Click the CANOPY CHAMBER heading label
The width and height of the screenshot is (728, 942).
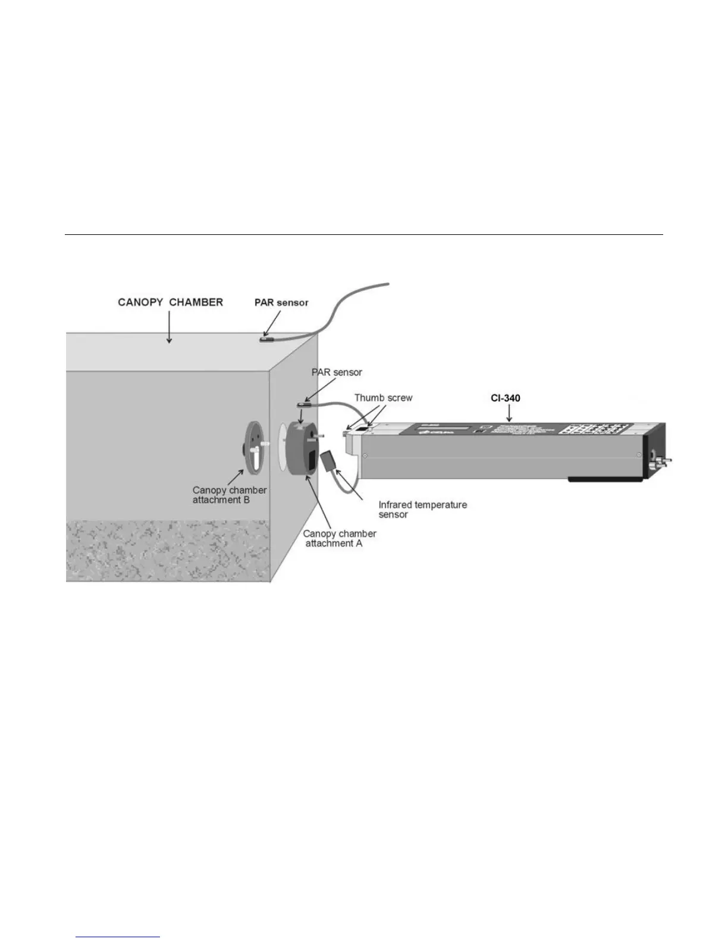(x=170, y=302)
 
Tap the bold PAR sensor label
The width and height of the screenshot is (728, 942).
(x=281, y=303)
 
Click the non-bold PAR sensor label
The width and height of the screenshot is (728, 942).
(x=337, y=372)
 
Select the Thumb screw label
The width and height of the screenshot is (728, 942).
(x=383, y=398)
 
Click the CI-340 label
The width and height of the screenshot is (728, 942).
(x=506, y=398)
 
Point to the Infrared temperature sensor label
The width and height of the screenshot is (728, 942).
(x=422, y=510)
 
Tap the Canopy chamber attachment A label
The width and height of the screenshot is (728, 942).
(x=339, y=538)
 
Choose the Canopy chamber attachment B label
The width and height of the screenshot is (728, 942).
(x=229, y=495)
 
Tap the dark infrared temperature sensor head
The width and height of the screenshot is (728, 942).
(x=329, y=461)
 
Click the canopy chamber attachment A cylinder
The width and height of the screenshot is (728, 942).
(x=302, y=450)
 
